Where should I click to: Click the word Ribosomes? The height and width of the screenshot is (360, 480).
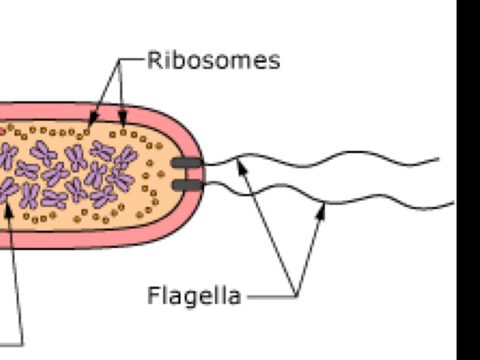(x=213, y=60)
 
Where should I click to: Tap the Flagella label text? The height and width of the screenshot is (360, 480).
(x=194, y=295)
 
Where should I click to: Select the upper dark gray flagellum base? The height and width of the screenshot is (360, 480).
(x=187, y=163)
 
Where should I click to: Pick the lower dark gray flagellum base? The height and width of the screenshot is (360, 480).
(x=187, y=185)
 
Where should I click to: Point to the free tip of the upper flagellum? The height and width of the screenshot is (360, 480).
(x=438, y=159)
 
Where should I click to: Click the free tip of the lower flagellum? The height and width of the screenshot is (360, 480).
(x=453, y=203)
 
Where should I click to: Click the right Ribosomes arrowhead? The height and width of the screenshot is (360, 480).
(x=123, y=120)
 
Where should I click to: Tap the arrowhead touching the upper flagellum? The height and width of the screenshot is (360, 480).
(x=241, y=165)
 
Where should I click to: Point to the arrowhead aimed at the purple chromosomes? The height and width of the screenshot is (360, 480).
(x=8, y=210)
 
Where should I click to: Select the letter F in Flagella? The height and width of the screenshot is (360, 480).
(x=153, y=295)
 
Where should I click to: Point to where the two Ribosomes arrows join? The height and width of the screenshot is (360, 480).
(x=120, y=60)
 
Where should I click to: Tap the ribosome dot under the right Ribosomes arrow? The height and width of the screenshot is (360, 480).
(x=123, y=132)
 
